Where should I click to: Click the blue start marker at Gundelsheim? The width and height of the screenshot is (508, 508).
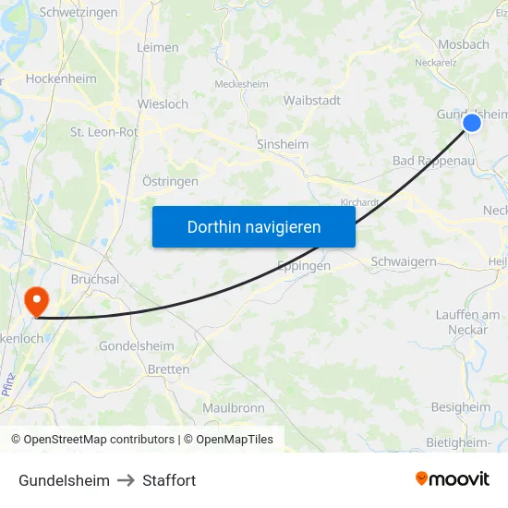coord(472,122)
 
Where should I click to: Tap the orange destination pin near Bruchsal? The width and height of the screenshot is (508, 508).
coord(37,300)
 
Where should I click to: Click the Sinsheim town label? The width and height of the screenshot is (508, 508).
coord(283,145)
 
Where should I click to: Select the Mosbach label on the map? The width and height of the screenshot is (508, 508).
coord(464,44)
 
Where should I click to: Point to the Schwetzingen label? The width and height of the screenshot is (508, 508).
coord(79,13)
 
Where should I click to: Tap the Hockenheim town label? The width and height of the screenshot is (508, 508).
coord(61,79)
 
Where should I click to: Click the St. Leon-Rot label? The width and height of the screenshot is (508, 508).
coord(104,132)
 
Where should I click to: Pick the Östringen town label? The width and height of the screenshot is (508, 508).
coord(170,182)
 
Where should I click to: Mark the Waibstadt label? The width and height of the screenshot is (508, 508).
coord(312,100)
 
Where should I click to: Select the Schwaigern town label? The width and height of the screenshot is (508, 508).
coord(404,261)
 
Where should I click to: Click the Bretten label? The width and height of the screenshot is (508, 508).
coord(168,369)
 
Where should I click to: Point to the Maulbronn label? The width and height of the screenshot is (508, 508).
coord(234,407)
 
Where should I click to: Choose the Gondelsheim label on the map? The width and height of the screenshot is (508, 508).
coord(136,346)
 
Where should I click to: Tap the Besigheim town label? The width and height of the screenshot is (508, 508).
coord(461,407)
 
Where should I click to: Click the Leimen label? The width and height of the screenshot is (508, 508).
coord(157,47)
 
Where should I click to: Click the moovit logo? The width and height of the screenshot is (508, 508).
coord(453,479)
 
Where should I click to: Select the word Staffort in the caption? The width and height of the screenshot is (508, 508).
coord(169,480)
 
